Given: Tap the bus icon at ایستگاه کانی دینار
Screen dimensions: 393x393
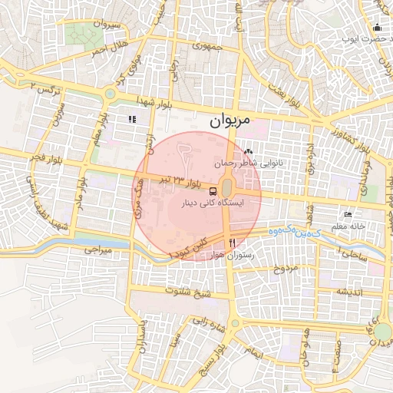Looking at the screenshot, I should pyautogui.click(x=213, y=191).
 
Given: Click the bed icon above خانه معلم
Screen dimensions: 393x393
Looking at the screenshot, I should pyautogui.click(x=348, y=215).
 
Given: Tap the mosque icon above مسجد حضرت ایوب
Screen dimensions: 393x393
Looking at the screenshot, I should pyautogui.click(x=378, y=27).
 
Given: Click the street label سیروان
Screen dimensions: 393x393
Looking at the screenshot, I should pyautogui.click(x=105, y=25).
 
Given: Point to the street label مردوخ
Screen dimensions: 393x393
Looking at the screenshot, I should pyautogui.click(x=284, y=269).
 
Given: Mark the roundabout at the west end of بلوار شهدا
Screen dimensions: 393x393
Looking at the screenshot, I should pyautogui.click(x=109, y=94).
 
